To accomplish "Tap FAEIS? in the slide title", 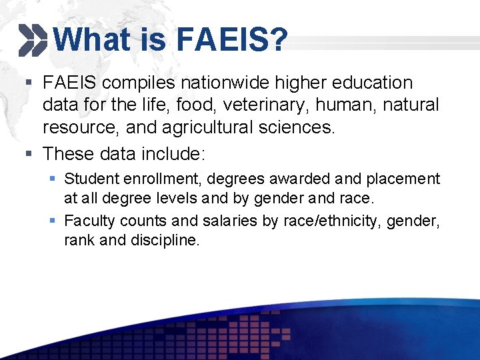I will click(x=232, y=39).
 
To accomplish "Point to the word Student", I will click(x=89, y=179).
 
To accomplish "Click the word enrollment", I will click(x=151, y=179).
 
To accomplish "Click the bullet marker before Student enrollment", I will click(x=53, y=179).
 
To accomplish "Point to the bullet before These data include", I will click(x=27, y=154).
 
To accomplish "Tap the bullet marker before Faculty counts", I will click(x=53, y=221).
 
